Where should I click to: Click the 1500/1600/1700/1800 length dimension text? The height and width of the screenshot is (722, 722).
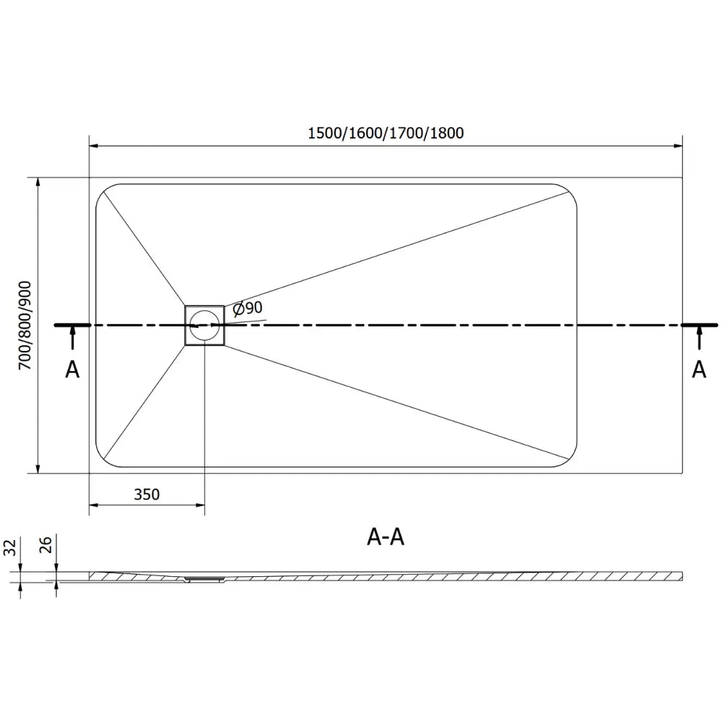click(386, 133)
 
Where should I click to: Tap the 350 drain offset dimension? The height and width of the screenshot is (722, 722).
click(146, 495)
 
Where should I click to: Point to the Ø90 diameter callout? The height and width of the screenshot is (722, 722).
click(248, 308)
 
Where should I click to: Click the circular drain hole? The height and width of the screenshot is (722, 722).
click(204, 325)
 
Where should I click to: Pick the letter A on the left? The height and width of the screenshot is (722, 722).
click(72, 370)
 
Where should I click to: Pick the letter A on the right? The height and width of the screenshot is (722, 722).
click(699, 370)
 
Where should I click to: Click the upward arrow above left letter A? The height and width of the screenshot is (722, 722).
click(73, 334)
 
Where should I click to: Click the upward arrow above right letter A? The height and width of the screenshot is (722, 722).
click(699, 334)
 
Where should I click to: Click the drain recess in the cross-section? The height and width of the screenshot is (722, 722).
click(204, 578)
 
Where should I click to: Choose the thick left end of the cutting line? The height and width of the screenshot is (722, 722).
click(72, 325)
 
